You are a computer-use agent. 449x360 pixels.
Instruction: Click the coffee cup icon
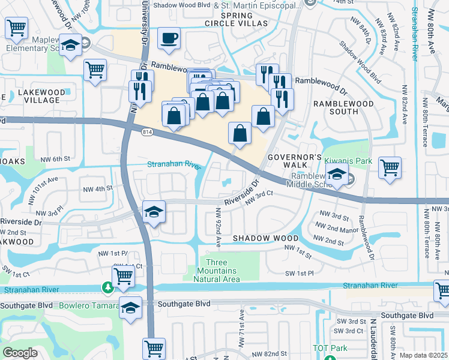[x=169, y=38]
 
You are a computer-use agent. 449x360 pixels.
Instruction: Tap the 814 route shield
[x=146, y=131]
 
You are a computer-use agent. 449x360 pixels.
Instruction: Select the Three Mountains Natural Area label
[x=223, y=271]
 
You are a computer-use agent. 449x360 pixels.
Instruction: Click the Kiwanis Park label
[x=348, y=161]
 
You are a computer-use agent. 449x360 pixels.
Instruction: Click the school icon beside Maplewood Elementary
[x=71, y=46]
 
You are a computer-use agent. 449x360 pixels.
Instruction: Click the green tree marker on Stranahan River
[x=107, y=289]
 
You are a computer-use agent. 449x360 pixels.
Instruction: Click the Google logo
[x=20, y=353]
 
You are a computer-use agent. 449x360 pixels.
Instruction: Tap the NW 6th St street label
[x=56, y=158]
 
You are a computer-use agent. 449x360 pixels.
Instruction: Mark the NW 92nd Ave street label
[x=219, y=225]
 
